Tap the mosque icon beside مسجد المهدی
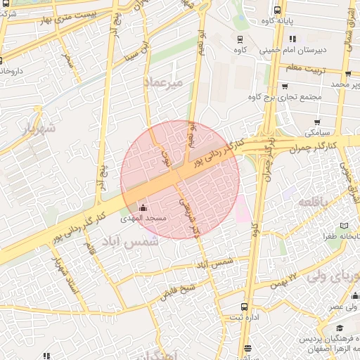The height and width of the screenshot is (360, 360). click(143, 207)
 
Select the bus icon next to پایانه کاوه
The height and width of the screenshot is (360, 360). click(277, 11)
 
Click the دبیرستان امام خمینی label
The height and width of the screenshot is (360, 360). click(292, 51)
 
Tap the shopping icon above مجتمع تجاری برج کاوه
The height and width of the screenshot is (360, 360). click(284, 86)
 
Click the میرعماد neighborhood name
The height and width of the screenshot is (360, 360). click(162, 83)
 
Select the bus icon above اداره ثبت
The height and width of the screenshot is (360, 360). click(244, 307)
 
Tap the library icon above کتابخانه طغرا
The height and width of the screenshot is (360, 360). click(344, 226)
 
